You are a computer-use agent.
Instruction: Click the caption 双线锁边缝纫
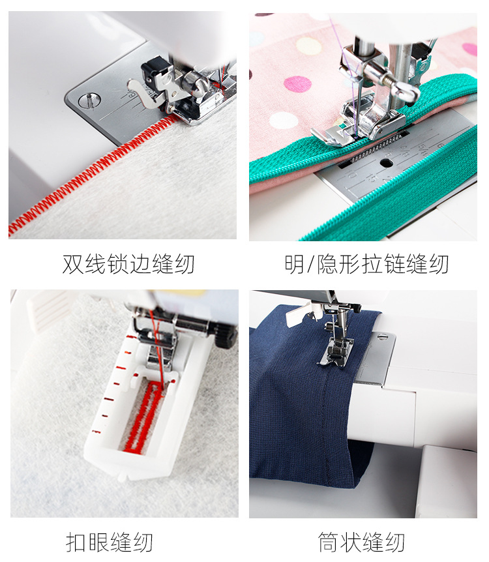coord(128,264)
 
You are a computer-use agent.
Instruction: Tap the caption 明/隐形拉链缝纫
coord(366,264)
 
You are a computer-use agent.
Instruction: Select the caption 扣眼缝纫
coord(110,542)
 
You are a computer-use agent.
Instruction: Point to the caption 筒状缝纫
coord(361,542)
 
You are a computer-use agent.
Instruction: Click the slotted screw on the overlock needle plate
coord(89,100)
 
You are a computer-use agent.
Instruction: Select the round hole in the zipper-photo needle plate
coord(386,164)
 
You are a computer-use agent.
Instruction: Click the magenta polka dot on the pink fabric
coord(297,84)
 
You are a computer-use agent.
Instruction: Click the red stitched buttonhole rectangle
coord(143,417)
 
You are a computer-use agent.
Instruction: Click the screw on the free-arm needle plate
coord(383,336)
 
